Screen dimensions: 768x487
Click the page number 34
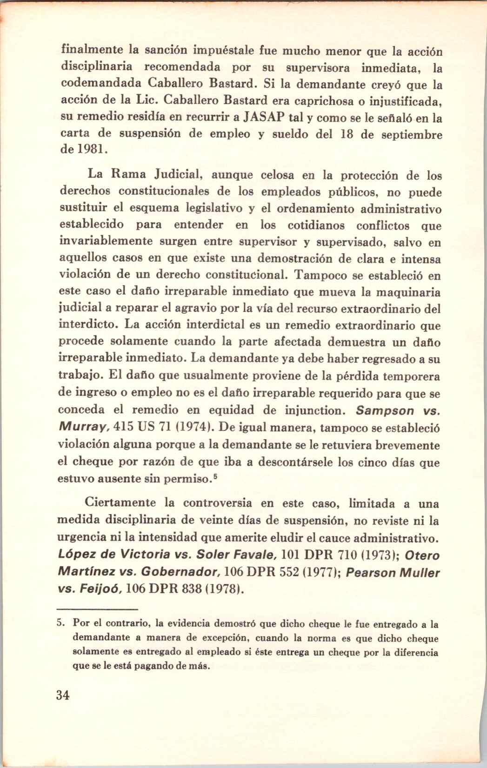pos(63,695)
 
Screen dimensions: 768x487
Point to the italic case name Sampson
pos(385,411)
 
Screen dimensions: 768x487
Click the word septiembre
pos(411,135)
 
